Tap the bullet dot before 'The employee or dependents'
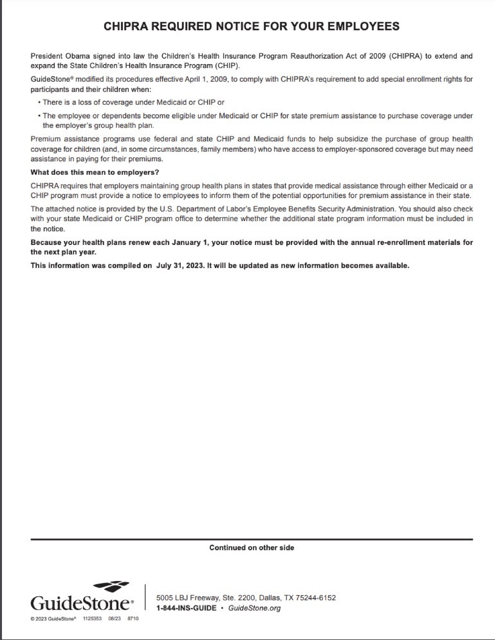[x=39, y=116]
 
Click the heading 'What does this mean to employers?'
[x=95, y=172]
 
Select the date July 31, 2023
[x=180, y=266]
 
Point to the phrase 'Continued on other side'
[x=252, y=547]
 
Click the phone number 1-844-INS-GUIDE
[x=187, y=608]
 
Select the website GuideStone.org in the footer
[x=254, y=608]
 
